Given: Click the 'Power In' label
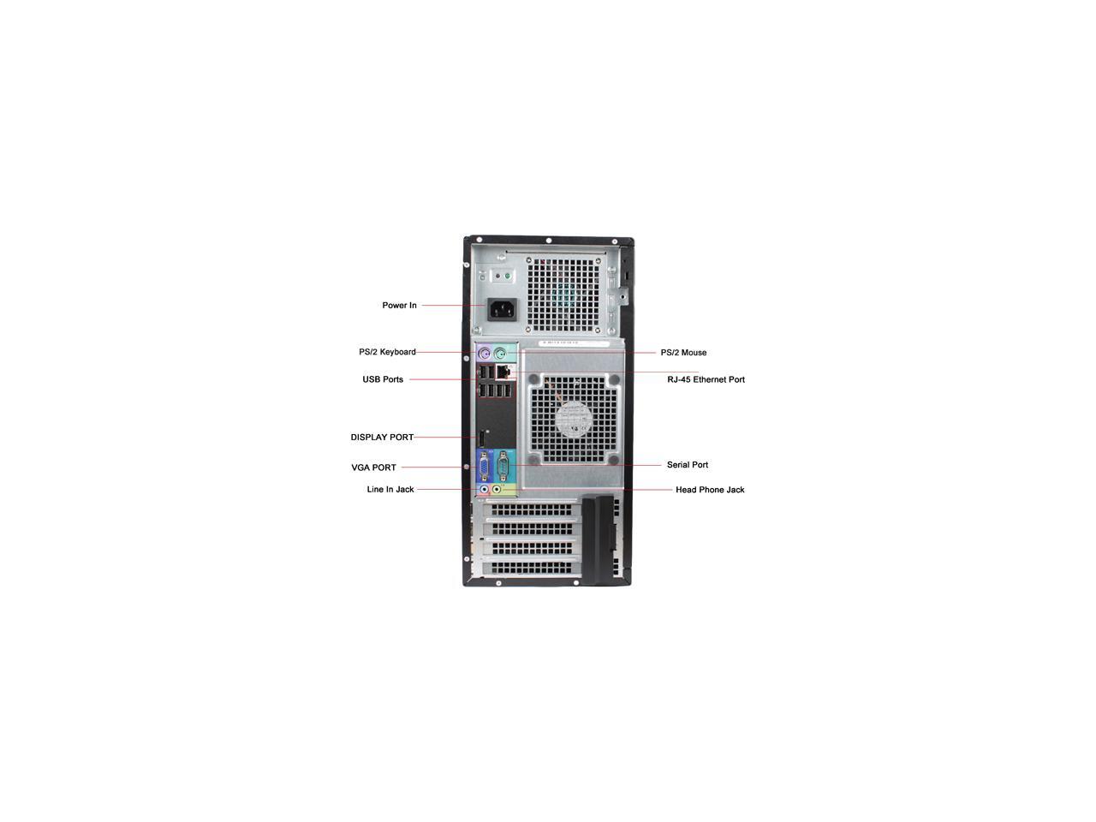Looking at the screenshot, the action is tap(399, 306).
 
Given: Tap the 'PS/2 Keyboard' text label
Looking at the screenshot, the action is tap(387, 352).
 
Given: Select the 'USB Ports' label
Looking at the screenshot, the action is tap(383, 379).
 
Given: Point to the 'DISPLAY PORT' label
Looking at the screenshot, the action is tap(382, 438).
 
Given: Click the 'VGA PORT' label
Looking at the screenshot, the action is tap(373, 468).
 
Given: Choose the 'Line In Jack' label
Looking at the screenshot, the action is tap(390, 490).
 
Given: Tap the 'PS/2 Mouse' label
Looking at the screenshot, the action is tap(683, 353).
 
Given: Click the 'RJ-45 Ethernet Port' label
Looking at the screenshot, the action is tap(706, 379).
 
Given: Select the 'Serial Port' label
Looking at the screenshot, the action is tap(688, 465).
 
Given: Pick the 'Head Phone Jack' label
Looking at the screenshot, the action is tap(710, 490).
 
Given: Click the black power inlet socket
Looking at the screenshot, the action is tap(503, 308).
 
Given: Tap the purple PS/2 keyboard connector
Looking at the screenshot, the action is tap(485, 353).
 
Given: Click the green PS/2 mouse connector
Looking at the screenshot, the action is tap(501, 353).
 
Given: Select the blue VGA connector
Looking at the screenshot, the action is tap(485, 467).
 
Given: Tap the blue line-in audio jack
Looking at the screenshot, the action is tap(484, 490).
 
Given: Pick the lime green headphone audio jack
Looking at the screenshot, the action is tap(497, 490).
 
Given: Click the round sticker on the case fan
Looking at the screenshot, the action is tap(573, 419).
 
